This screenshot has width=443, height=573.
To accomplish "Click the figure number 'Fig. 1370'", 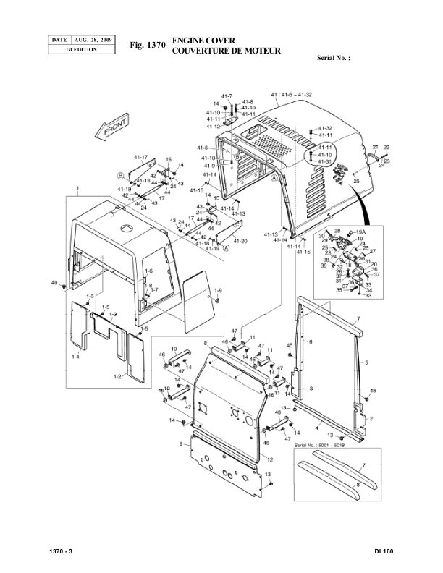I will (x=148, y=46).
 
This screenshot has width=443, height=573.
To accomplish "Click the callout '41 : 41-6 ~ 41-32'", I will (x=291, y=95).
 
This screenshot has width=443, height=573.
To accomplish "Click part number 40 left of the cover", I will (x=54, y=282).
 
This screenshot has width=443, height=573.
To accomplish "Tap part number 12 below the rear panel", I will (x=269, y=460).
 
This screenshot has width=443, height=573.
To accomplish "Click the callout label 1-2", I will (x=117, y=377).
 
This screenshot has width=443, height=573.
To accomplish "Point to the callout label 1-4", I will (x=76, y=357).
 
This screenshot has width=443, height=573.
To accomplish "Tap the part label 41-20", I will (x=240, y=241).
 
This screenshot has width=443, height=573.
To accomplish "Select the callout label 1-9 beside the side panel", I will (x=219, y=290).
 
